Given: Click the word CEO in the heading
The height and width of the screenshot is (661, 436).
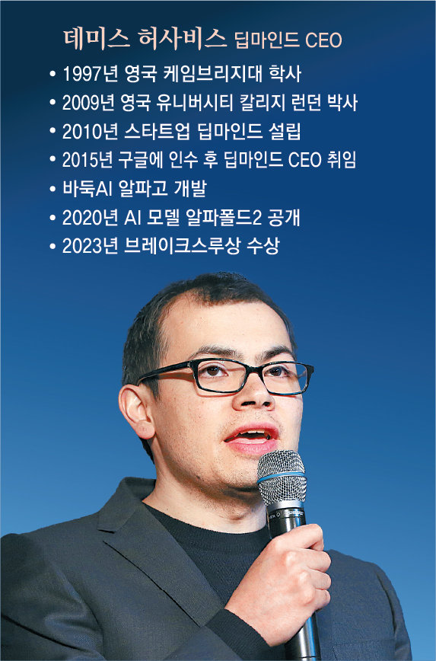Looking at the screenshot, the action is (323, 41).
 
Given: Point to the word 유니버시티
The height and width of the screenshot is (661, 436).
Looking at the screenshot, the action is (194, 103).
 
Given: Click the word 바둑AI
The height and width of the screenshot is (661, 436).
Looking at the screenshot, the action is (88, 188).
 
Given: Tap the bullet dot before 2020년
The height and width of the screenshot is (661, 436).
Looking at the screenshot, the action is (53, 219).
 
